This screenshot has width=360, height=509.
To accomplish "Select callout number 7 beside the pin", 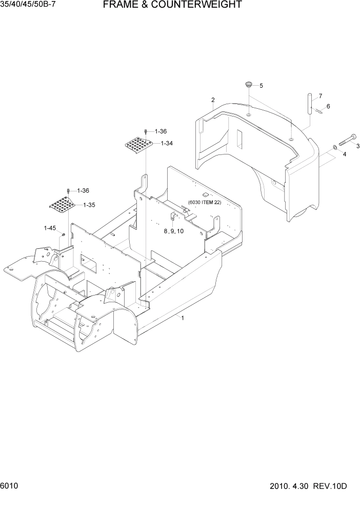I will pyautogui.click(x=320, y=96).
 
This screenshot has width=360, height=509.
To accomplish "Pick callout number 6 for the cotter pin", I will pyautogui.click(x=328, y=106).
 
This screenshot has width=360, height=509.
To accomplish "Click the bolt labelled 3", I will pyautogui.click(x=347, y=138).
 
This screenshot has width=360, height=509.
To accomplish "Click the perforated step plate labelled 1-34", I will pyautogui.click(x=138, y=146).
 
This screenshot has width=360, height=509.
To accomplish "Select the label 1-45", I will pyautogui.click(x=49, y=228).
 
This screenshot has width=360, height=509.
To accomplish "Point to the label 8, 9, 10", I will pyautogui.click(x=174, y=231).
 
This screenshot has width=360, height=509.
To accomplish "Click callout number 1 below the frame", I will pyautogui.click(x=183, y=318).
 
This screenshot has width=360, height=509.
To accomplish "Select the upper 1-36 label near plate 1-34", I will pyautogui.click(x=161, y=131).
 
